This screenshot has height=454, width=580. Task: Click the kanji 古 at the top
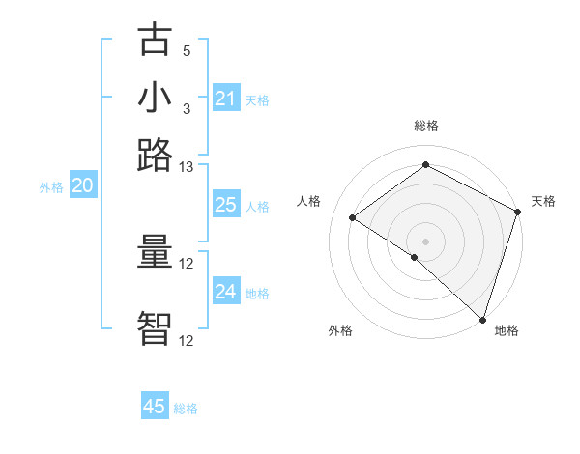156,42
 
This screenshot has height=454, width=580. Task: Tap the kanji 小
156,99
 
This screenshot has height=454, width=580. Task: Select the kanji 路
156,155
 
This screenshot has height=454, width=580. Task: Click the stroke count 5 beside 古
187,51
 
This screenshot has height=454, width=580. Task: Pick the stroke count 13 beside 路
187,167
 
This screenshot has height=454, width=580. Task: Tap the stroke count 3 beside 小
187,108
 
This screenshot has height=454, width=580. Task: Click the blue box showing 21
225,98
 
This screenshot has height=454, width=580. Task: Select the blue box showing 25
225,205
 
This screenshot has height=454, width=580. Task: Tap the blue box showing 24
225,292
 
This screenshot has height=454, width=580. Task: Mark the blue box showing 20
82,186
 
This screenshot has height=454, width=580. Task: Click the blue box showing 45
155,407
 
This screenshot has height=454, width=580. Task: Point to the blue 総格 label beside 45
187,409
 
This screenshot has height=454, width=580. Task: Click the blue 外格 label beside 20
51,188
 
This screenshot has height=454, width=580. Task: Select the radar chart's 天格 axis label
543,202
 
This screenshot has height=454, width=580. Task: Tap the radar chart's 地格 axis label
507,330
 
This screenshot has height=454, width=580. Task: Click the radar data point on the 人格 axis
353,217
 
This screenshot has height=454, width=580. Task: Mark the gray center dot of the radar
425,241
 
